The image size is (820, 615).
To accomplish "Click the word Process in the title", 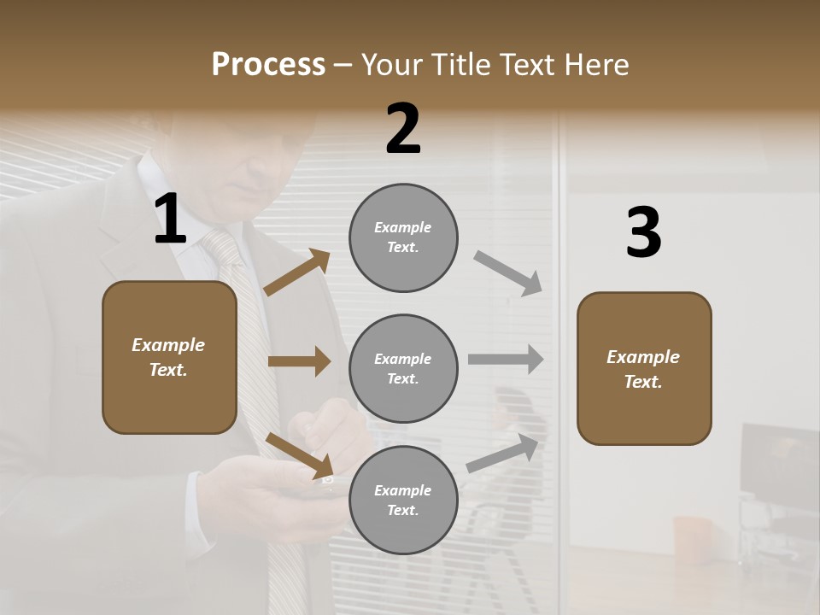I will click(x=268, y=65).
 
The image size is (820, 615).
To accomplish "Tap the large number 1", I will click(x=170, y=220).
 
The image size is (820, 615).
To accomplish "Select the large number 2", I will click(x=403, y=129).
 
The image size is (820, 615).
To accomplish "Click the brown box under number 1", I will click(x=169, y=357).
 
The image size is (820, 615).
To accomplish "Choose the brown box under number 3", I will click(x=644, y=368).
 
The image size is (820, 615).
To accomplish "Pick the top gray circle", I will click(x=403, y=237).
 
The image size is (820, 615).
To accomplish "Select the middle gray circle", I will click(x=403, y=368).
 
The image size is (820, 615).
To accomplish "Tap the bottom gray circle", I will click(x=403, y=500).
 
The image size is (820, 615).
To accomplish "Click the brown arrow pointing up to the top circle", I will click(x=297, y=272).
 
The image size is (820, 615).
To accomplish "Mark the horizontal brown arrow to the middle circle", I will click(x=299, y=361).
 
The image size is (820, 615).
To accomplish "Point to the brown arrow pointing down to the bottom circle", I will click(x=300, y=455).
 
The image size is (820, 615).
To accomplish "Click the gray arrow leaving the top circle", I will click(x=508, y=273).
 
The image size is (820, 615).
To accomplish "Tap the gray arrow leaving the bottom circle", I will click(x=503, y=454).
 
